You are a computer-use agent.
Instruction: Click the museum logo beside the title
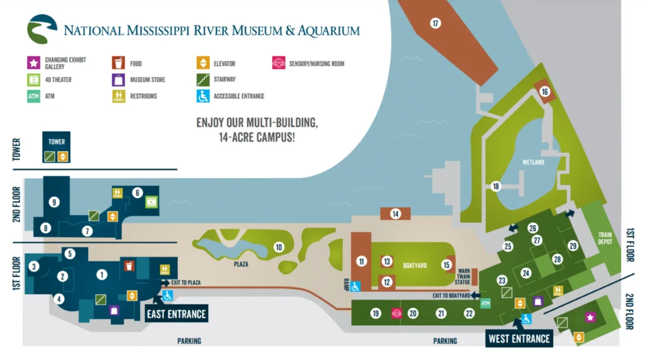[42, 30]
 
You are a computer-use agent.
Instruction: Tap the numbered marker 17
[435, 23]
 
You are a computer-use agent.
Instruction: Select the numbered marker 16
[544, 92]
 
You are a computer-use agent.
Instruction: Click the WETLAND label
[533, 163]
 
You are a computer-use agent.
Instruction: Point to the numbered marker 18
[495, 186]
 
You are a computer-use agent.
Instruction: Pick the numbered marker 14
[396, 214]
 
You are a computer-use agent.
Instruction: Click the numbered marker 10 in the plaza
[278, 247]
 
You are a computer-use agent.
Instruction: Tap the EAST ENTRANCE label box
[177, 313]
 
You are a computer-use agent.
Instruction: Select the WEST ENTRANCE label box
[519, 338]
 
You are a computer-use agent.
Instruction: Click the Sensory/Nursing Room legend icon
[278, 63]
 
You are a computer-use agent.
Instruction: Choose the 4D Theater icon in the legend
[34, 80]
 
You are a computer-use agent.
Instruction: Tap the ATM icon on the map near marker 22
[485, 304]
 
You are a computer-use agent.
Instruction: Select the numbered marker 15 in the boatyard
[447, 265]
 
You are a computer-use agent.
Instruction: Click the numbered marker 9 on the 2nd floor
[54, 202]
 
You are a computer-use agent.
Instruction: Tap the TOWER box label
[57, 142]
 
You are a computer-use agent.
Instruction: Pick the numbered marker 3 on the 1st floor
[34, 267]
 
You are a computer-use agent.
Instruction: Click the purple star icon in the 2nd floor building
[590, 317]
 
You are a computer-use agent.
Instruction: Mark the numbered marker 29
[573, 245]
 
